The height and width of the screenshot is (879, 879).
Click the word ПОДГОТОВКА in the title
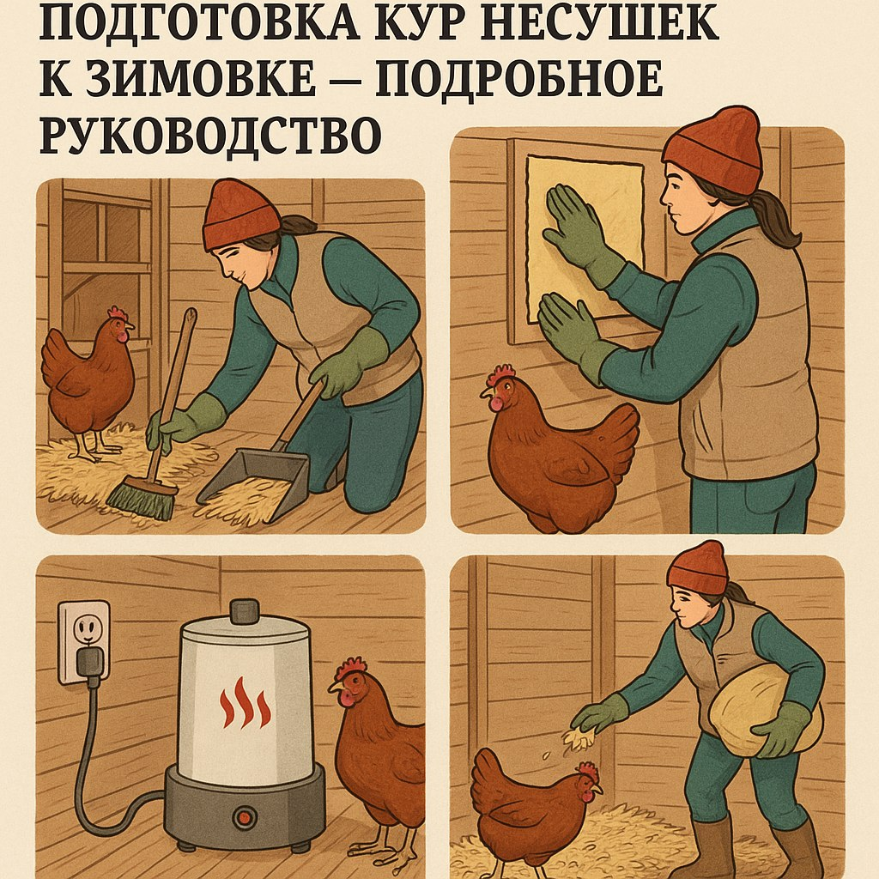click(x=199, y=22)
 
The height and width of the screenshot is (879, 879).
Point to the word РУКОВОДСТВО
click(x=210, y=135)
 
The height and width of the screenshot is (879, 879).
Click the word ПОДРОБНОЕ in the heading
click(x=519, y=78)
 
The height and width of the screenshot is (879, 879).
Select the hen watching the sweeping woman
click(x=89, y=381)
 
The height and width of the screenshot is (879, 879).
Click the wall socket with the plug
click(x=84, y=642)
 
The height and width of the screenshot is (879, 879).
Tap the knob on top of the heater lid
click(x=245, y=610)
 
